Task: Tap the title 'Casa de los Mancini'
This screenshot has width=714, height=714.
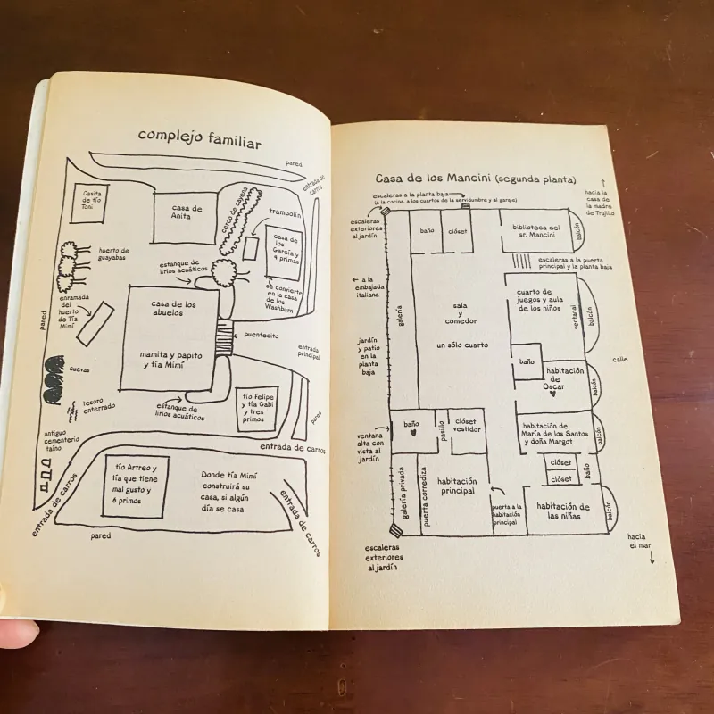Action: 476,178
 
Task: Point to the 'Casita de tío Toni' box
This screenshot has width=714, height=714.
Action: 95,197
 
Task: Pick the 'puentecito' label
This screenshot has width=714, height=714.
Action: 260,336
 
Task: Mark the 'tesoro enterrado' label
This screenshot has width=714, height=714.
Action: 99,406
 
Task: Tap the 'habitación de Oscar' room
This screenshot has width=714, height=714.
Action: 564,378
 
